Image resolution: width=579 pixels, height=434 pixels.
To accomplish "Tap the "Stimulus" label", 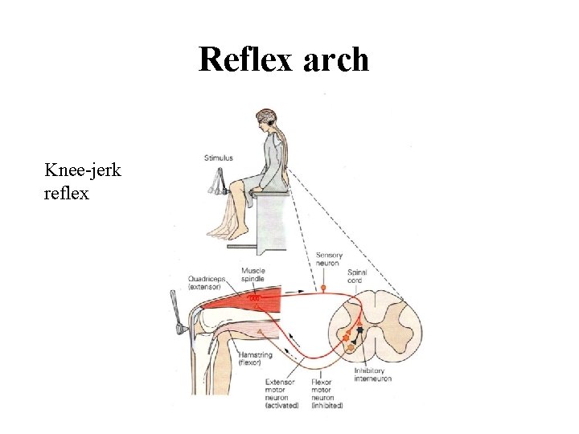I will pyautogui.click(x=219, y=158).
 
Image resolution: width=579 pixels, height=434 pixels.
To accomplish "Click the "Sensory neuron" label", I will pyautogui.click(x=329, y=260).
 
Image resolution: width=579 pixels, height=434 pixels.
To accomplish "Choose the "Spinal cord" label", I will pyautogui.click(x=357, y=276).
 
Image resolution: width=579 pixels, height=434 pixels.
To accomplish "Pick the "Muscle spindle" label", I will pyautogui.click(x=253, y=276).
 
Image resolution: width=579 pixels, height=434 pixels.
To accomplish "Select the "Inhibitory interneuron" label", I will pyautogui.click(x=372, y=375).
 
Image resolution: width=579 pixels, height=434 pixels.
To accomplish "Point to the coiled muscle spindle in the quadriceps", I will pyautogui.click(x=254, y=298).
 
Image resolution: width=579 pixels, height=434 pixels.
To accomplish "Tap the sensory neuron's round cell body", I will pyautogui.click(x=323, y=287).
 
